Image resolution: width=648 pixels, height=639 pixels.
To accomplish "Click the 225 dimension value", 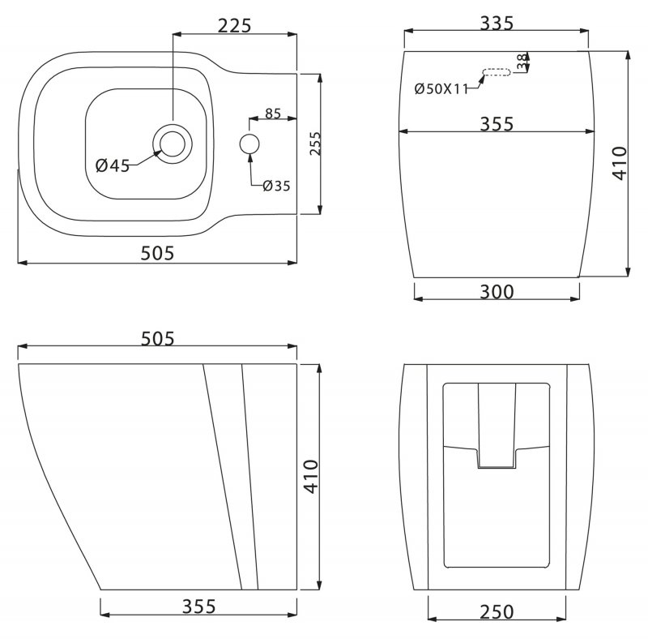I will (x=234, y=24).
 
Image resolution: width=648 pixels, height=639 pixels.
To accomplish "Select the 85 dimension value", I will (x=272, y=114).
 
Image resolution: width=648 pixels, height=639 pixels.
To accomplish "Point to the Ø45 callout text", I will (x=112, y=165).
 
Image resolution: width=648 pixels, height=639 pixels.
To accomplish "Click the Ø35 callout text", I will (x=275, y=186).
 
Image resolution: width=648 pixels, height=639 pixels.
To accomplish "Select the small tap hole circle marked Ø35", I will (x=249, y=144).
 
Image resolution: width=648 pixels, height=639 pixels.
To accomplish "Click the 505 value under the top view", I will (x=157, y=253).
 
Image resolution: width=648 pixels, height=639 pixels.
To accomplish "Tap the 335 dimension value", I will (x=497, y=24).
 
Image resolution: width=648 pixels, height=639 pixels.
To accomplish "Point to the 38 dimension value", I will (x=522, y=61).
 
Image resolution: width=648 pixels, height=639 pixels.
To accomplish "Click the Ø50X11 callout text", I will (x=441, y=89).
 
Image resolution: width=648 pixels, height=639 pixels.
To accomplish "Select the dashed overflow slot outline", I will (x=497, y=75).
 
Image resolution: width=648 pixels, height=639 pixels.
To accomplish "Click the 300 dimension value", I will (x=497, y=291).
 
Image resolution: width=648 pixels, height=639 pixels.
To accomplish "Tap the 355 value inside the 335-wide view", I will (x=497, y=123).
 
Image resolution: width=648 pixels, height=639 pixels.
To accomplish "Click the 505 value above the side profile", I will (x=157, y=339).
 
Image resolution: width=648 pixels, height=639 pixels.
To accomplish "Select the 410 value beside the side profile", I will (x=310, y=477).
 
